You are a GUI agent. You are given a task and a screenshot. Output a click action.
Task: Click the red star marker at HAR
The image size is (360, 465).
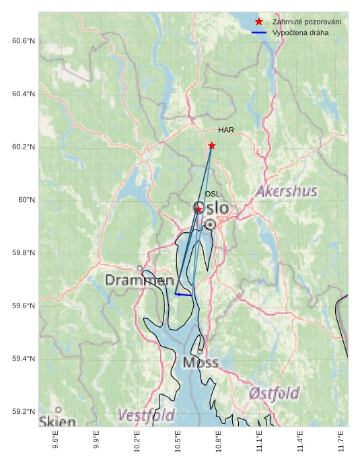(212, 145)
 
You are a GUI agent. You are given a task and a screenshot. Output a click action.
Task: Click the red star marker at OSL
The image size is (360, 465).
(199, 209)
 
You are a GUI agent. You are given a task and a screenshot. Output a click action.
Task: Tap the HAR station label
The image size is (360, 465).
(225, 130)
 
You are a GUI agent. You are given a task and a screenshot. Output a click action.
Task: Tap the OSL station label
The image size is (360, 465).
(213, 194)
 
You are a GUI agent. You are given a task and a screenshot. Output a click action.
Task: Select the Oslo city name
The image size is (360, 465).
(211, 208)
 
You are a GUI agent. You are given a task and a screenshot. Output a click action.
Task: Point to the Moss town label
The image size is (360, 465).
(201, 363)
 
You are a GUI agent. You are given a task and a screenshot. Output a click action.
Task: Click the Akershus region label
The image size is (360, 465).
(286, 192)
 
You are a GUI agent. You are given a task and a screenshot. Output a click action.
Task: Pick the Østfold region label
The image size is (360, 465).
(274, 392)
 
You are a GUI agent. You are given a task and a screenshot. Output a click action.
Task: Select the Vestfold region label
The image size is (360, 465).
(146, 415)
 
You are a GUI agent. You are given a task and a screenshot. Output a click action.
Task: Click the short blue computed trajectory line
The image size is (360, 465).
(184, 295)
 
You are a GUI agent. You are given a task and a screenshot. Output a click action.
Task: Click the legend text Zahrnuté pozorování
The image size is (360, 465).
(306, 22)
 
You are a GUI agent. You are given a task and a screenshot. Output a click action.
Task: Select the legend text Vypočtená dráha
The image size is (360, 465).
(299, 33)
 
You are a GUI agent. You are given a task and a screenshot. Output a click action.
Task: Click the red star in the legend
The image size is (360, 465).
(259, 22)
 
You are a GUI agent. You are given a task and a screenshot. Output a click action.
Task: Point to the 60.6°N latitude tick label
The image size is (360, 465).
(24, 41)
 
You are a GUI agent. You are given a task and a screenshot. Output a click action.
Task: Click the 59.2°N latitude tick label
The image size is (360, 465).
(24, 412)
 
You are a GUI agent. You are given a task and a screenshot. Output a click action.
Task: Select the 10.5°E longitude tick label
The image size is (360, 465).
(178, 441)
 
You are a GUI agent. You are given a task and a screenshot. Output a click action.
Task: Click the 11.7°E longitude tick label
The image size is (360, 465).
(341, 441)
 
